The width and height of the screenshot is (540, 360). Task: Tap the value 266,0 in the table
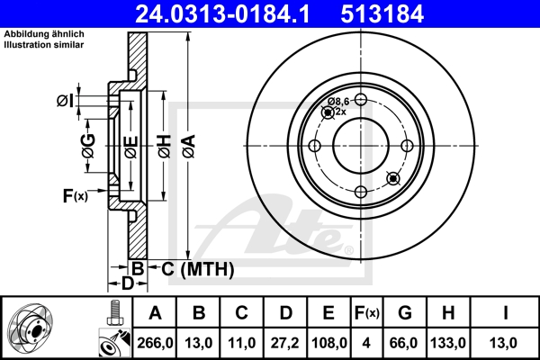point(155,342)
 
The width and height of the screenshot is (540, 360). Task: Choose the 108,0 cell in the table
point(328,342)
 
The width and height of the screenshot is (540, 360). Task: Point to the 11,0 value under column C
point(241,342)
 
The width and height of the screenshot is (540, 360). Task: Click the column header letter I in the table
point(505,312)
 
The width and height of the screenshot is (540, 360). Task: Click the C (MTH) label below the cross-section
point(191,269)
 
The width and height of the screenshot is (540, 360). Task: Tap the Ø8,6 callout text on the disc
point(338,101)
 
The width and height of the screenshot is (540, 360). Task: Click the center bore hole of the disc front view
point(360,146)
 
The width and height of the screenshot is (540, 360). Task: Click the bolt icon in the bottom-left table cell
point(113,316)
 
